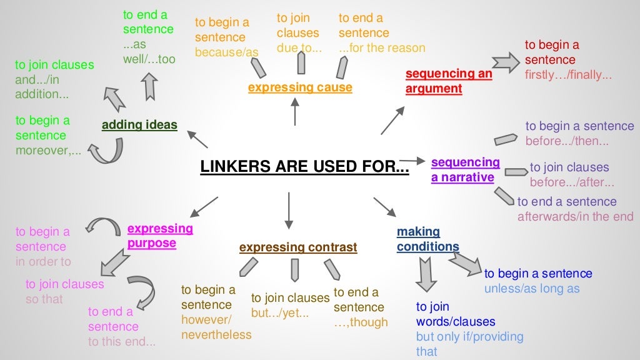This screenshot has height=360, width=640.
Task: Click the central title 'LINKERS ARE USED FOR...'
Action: point(304,167)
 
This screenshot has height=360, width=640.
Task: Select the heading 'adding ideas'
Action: point(139,125)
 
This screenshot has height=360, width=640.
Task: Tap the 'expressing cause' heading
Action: point(300,87)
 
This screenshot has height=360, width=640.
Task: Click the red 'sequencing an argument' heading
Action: point(448,81)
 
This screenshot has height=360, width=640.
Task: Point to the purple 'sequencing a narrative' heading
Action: point(466,169)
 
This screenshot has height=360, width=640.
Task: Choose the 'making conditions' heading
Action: point(427,239)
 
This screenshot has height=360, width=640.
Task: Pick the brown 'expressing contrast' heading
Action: point(298,247)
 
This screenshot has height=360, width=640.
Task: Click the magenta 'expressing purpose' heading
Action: point(160,236)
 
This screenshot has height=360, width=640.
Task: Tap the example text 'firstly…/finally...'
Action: point(568,75)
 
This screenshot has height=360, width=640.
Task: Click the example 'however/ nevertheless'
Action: point(216,320)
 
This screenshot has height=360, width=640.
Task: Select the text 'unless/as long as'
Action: point(532,289)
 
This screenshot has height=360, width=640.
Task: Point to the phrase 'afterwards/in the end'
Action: point(575,216)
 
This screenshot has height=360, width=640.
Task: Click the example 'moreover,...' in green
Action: point(49,151)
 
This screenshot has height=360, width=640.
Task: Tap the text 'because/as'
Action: point(226,52)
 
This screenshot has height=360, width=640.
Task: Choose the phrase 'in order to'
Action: point(44,262)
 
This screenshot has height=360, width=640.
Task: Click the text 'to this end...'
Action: point(121,342)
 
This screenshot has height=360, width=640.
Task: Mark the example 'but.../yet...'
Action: point(280,313)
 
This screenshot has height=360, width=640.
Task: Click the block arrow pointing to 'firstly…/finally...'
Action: point(506,62)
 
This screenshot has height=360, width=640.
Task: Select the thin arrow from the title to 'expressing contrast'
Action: point(289,211)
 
